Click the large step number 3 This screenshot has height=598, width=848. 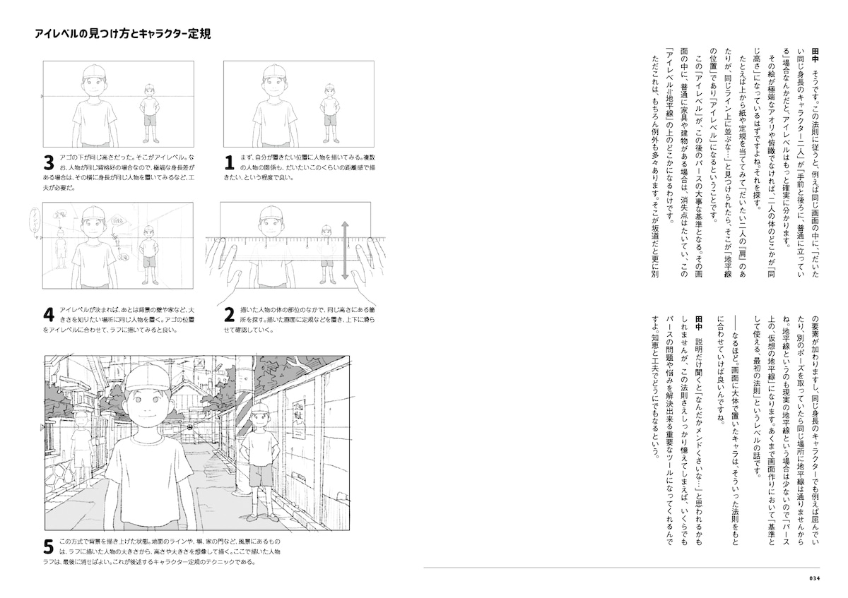click(x=49, y=163)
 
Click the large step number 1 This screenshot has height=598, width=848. click(x=229, y=163)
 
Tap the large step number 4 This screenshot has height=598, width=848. click(x=49, y=314)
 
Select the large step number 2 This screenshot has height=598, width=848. click(x=229, y=314)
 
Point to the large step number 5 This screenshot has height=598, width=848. click(x=49, y=547)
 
